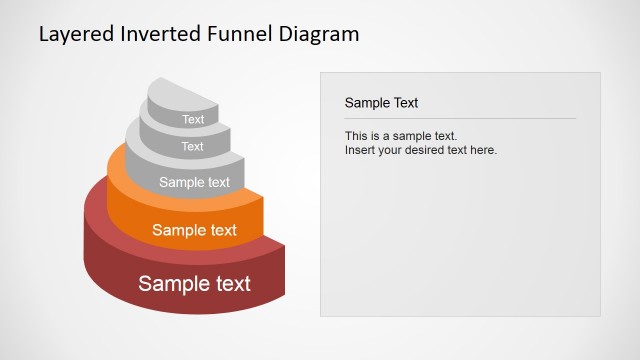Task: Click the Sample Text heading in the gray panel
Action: click(x=381, y=103)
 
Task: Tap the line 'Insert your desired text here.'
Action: click(x=421, y=150)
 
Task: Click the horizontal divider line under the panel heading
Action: click(x=460, y=119)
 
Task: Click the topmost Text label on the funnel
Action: click(x=193, y=120)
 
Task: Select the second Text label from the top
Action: click(x=193, y=147)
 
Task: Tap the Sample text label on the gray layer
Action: click(x=194, y=182)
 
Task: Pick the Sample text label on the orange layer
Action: click(x=194, y=230)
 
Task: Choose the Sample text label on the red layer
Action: click(x=194, y=283)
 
